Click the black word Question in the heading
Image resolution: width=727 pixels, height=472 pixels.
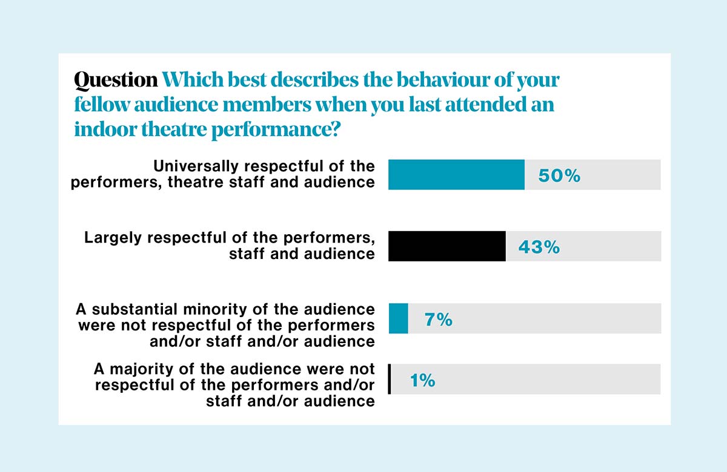coord(115,80)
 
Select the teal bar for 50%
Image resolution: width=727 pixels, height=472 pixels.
coord(456,175)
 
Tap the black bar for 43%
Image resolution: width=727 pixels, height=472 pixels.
coord(446,246)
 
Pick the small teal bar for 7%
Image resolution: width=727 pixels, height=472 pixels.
coord(398,318)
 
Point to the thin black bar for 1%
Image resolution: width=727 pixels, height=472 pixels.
coord(390,379)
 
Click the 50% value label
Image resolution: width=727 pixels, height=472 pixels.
coord(559,175)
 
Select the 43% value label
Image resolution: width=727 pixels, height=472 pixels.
coord(539,247)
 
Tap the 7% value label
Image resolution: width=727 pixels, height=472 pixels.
coord(439,319)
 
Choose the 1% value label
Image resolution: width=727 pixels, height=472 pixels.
coord(423,380)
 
